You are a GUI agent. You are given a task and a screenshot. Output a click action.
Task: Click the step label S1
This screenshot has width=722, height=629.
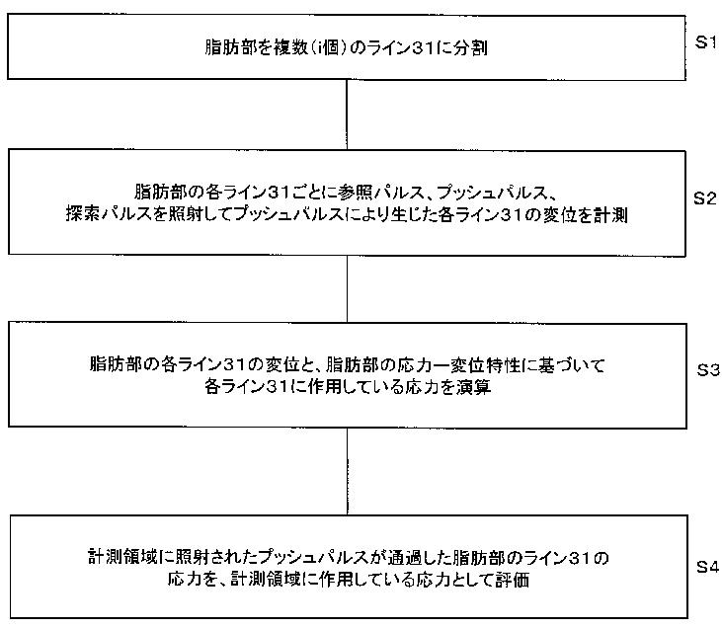click(x=704, y=43)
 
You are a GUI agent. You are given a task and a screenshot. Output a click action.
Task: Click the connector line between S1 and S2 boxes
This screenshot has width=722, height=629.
click(x=347, y=114)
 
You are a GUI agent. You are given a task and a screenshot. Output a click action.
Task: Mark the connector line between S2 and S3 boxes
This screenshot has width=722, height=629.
click(x=347, y=287)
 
